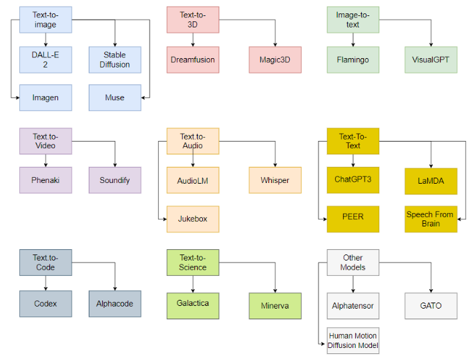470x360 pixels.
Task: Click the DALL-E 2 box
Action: pos(45,59)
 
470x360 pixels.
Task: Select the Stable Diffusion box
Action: pos(115,59)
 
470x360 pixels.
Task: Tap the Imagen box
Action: pos(45,98)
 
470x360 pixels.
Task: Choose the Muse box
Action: pos(115,98)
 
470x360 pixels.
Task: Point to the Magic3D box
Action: pos(275,59)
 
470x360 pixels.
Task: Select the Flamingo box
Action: pos(352,59)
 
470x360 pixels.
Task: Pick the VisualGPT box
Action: pos(431,59)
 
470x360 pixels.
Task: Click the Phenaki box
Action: pos(45,180)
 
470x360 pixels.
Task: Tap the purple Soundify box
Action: pos(115,180)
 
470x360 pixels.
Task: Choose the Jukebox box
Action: pos(192,218)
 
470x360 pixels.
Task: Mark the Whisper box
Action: pos(275,180)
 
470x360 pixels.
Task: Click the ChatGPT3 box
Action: pos(352,180)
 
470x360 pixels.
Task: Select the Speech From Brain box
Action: pos(431,218)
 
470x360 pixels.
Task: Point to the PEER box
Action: pos(352,218)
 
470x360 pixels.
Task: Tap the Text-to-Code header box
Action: pos(45,262)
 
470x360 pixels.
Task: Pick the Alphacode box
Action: pos(115,303)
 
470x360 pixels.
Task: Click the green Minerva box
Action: pos(275,305)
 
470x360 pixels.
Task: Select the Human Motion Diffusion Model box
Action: pos(352,340)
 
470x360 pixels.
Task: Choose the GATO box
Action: pos(431,305)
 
